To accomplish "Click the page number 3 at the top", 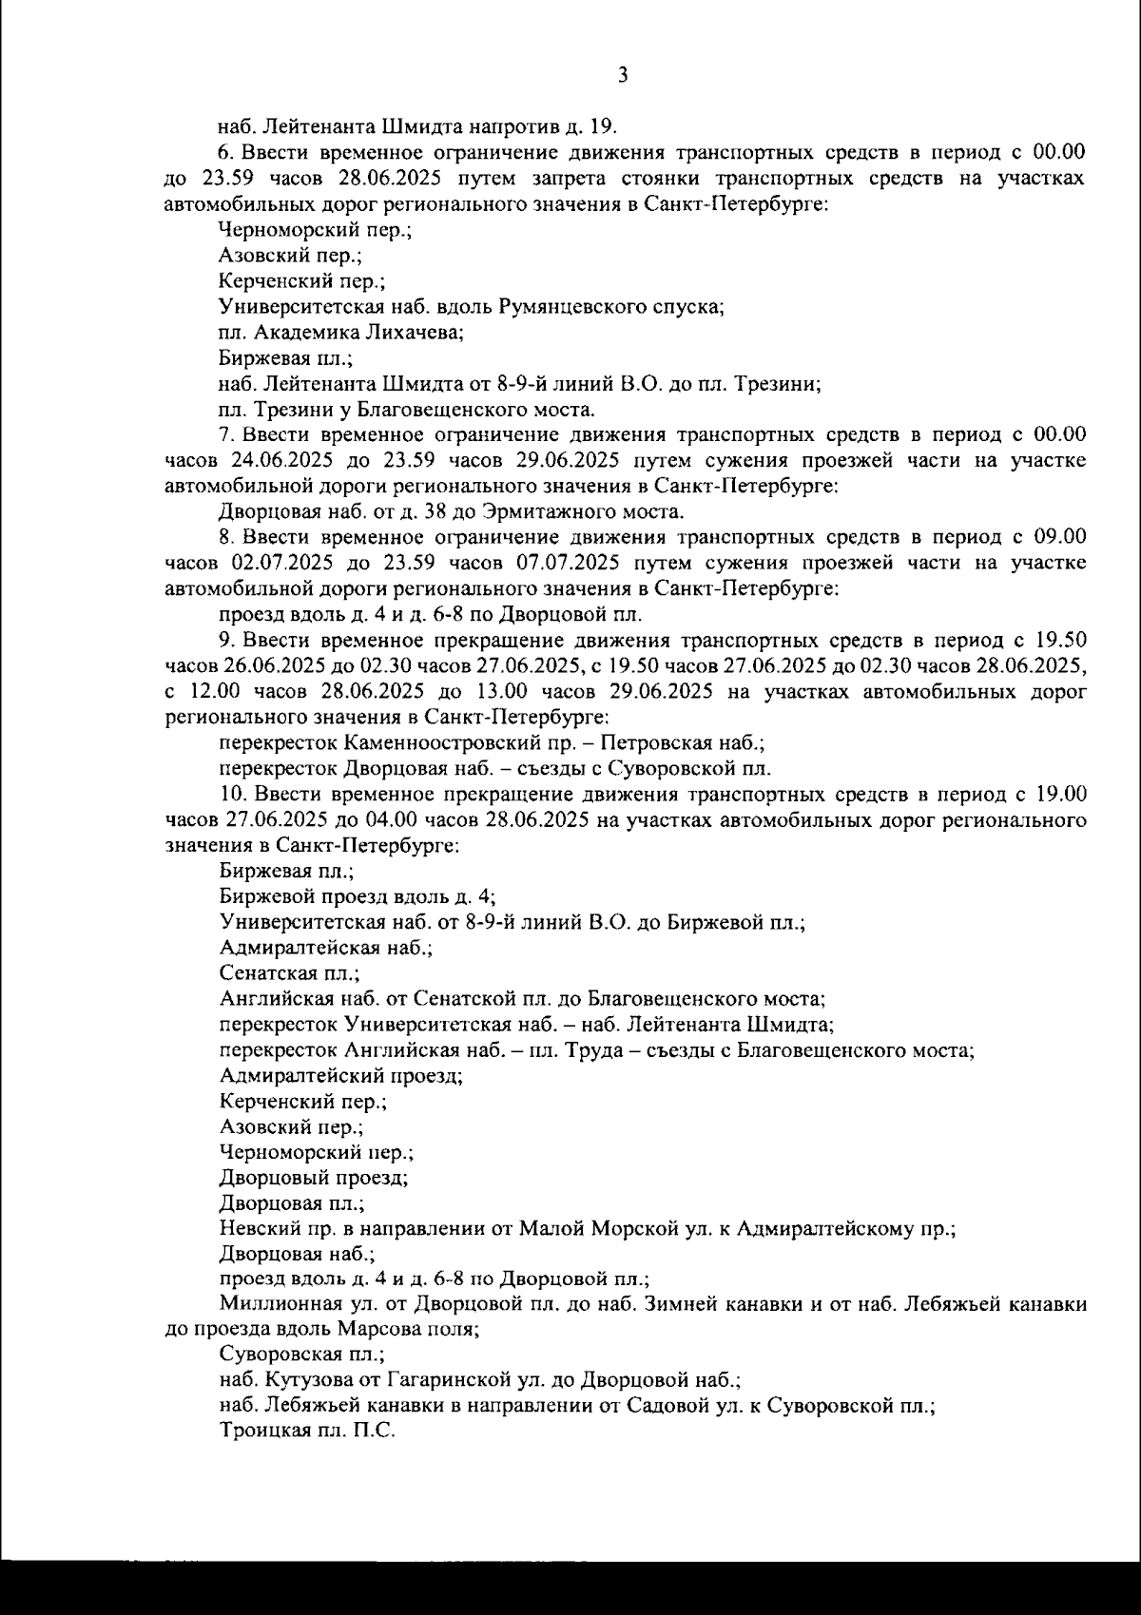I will pyautogui.click(x=623, y=75).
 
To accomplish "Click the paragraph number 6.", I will pyautogui.click(x=225, y=152).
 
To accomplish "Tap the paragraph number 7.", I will pyautogui.click(x=225, y=435).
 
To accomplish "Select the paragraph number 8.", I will pyautogui.click(x=225, y=537).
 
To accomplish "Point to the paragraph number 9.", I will pyautogui.click(x=225, y=640).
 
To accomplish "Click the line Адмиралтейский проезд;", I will pyautogui.click(x=340, y=1076).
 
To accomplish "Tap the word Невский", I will pyautogui.click(x=255, y=1229).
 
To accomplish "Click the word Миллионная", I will pyautogui.click(x=275, y=1306).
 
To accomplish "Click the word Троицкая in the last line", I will pyautogui.click(x=263, y=1434).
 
